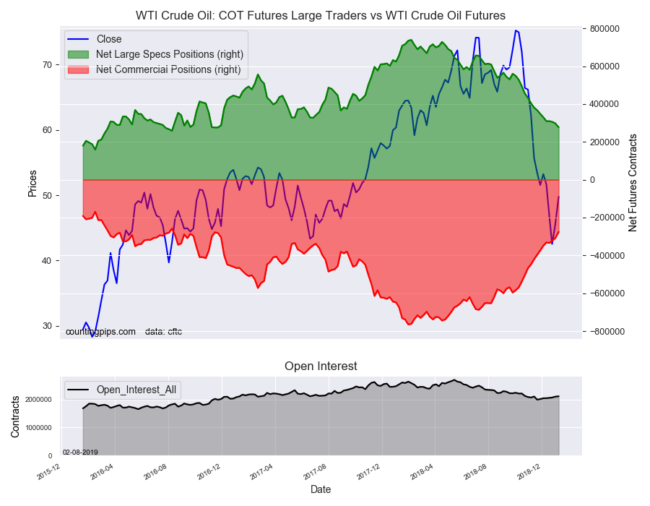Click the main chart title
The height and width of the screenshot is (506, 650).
coord(321,15)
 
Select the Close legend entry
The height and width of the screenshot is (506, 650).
coord(108,39)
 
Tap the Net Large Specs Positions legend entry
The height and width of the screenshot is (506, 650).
coord(169,54)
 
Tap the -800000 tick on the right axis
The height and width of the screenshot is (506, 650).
coord(606,332)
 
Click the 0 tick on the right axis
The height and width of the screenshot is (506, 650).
coord(592,180)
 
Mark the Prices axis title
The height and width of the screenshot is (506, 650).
coord(32,183)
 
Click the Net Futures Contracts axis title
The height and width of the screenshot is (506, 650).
coord(633,183)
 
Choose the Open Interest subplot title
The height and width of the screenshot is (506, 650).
coord(321,366)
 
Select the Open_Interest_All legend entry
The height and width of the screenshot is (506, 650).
coord(137,390)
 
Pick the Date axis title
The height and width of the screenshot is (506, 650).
coord(321,489)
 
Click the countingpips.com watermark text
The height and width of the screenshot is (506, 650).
coord(100,332)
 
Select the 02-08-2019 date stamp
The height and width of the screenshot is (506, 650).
coord(80,453)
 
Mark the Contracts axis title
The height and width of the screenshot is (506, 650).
coord(16,416)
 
